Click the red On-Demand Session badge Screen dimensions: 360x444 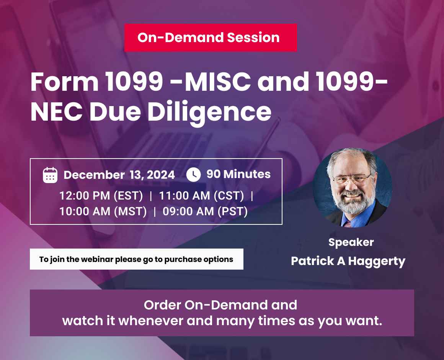point(210,38)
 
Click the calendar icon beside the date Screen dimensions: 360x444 point(50,175)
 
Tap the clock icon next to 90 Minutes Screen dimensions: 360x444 point(193,175)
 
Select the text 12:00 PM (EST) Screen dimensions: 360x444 point(101,196)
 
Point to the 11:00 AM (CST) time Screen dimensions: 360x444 point(201,196)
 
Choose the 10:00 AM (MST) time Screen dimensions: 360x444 point(103,211)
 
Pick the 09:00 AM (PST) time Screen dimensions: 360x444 point(205,211)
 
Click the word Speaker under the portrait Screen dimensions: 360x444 point(351,242)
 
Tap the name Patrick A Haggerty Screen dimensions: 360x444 point(348,261)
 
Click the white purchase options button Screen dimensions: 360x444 point(136,259)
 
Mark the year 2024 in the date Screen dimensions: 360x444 point(161,175)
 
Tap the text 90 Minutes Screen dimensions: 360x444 point(238,174)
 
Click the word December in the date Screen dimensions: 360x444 point(94,175)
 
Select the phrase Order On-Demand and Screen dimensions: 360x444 point(220,305)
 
